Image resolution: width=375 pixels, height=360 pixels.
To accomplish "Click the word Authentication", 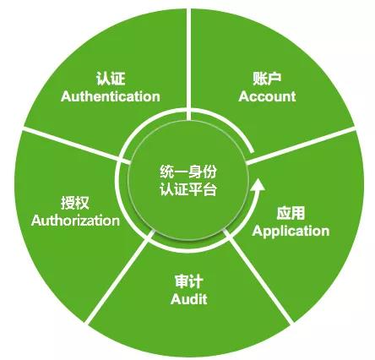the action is click(111, 96).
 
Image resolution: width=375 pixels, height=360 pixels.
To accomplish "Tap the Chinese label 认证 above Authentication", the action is click(110, 79).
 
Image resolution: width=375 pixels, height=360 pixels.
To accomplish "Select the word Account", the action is click(267, 96).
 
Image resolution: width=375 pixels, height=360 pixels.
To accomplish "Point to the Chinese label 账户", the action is click(267, 79).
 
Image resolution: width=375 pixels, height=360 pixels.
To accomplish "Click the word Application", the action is click(291, 232).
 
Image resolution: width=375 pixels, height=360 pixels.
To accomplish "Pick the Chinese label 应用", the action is click(291, 213).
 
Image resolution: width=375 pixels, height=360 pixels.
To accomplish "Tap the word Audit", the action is click(189, 299).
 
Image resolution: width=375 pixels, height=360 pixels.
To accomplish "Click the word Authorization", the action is click(75, 221).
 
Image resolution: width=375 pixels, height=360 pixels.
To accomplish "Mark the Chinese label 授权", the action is click(75, 203).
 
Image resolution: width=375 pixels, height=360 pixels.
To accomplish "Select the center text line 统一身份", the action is click(188, 172).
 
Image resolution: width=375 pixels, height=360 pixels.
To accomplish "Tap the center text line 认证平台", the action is click(188, 189).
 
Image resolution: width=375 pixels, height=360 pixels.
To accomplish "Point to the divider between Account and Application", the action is click(301, 145).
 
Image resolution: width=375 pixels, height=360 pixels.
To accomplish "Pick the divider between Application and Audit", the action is click(258, 276).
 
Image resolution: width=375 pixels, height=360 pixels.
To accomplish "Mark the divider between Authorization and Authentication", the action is click(75, 145).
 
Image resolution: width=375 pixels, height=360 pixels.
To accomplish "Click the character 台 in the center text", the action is click(209, 189).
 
